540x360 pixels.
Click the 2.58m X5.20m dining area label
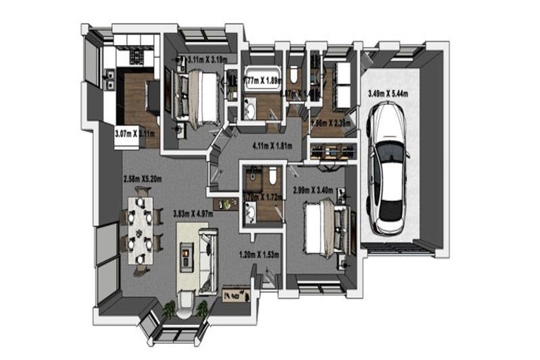tap(143, 179)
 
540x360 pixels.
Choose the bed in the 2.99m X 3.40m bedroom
tap(321, 227)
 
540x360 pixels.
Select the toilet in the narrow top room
tap(295, 74)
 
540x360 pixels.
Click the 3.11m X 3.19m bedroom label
tap(206, 60)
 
